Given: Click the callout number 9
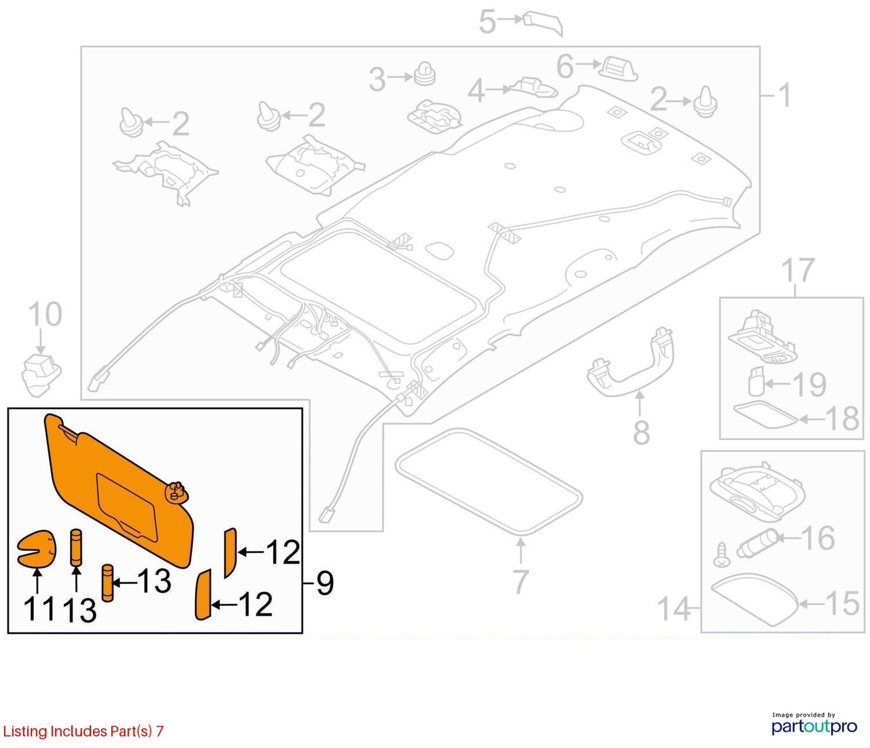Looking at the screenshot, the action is coord(325,583).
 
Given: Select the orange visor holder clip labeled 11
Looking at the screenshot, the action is coord(36,547).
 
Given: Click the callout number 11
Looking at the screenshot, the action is coord(39,608).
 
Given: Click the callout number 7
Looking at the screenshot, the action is coord(520,582).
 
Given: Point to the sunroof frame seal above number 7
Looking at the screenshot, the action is coord(488,482).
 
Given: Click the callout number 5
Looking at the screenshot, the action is coord(488,23).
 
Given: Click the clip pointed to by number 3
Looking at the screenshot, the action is coord(424,75).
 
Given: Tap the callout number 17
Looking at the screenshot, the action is coord(798,270).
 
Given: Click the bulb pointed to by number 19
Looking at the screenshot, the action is coord(756,381).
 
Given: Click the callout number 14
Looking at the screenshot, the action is coord(674,608).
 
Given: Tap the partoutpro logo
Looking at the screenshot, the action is coord(814,726).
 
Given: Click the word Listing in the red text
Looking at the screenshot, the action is coord(25,731).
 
